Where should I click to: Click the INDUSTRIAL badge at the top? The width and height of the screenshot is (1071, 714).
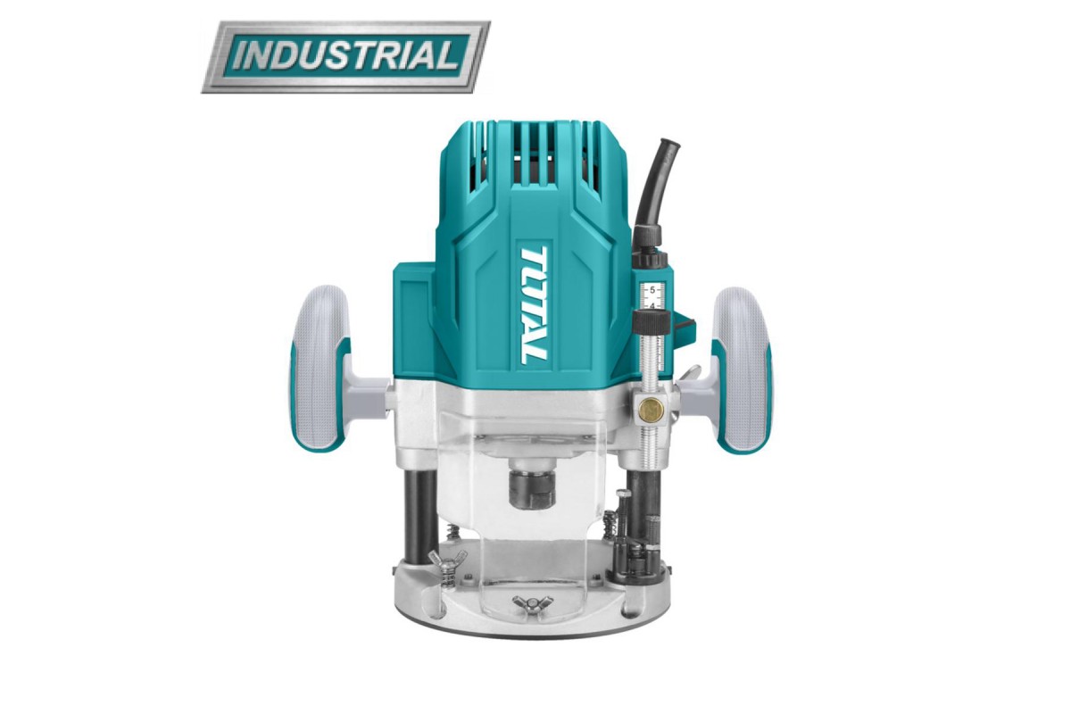click(345, 57)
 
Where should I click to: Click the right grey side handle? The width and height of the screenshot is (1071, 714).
click(741, 369)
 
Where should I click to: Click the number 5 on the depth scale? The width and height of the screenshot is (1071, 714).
click(652, 289)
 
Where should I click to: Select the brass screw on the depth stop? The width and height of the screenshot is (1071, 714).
click(650, 409)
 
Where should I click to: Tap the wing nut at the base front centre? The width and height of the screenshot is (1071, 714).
click(524, 601)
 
